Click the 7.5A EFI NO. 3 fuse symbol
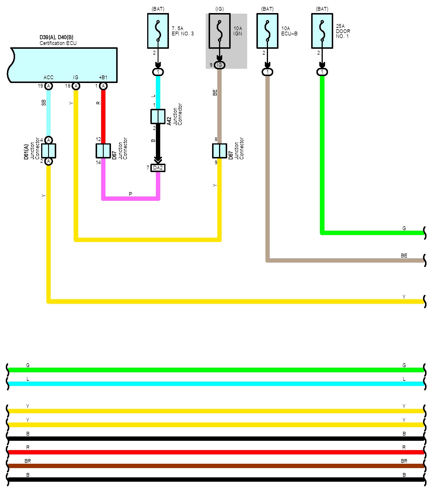tap(158, 31)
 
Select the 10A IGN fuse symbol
tap(219, 31)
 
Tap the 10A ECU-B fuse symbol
tap(267, 31)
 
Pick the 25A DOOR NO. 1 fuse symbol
tap(322, 31)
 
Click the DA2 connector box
tap(158, 168)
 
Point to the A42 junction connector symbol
tap(158, 116)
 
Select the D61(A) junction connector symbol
tap(49, 151)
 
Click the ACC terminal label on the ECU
tap(48, 77)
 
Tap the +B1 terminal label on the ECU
tap(103, 77)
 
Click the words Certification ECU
tap(58, 43)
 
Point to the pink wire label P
tap(130, 194)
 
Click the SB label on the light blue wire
tap(44, 103)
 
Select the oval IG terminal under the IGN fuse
tap(219, 65)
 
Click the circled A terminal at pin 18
tap(76, 86)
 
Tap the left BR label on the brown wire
tap(28, 461)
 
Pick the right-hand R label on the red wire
tap(404, 447)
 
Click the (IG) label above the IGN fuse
tap(219, 9)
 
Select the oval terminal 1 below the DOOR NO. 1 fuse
tap(322, 72)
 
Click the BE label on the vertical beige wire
tap(215, 93)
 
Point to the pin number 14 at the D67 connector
tap(98, 163)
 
